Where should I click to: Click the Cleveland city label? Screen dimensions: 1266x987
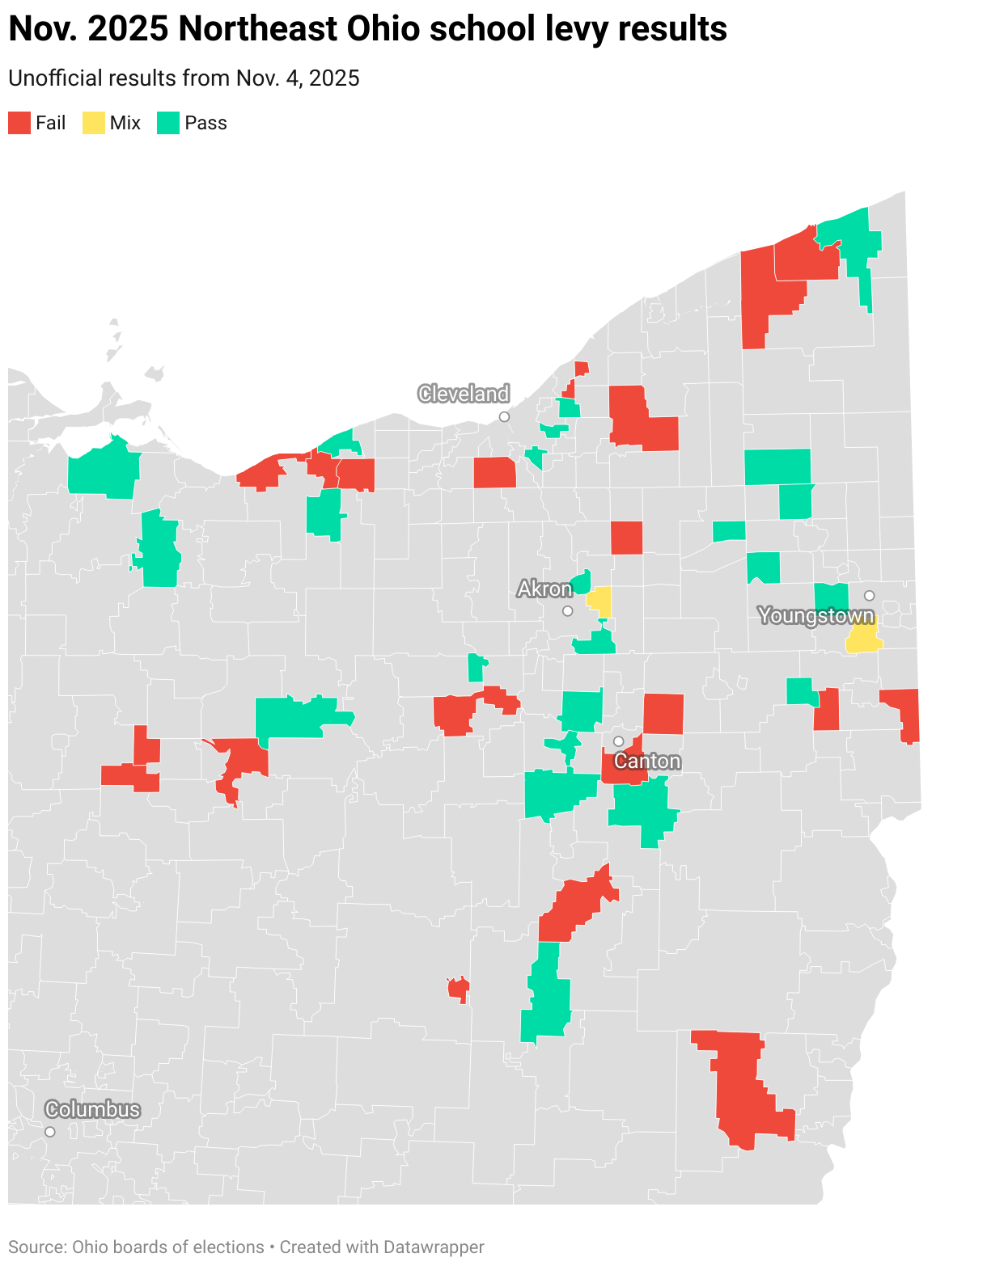464,394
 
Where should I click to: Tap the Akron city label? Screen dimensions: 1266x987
544,589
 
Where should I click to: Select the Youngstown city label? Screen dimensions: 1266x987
816,616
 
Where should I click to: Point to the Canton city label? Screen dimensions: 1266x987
647,762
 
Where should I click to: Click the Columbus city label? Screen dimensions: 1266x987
92,1109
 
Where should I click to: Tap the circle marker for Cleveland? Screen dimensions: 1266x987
504,416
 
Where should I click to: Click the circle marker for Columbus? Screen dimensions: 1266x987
50,1132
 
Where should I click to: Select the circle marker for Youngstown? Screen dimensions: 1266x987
869,596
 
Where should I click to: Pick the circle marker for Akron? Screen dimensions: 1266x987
568,611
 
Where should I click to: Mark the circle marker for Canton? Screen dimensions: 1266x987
618,741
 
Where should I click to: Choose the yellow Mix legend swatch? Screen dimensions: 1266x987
94,123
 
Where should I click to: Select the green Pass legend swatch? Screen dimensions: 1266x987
168,123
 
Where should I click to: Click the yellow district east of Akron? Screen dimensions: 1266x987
600,601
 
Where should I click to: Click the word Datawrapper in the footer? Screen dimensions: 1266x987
434,1247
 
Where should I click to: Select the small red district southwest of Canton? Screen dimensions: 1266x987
458,989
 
